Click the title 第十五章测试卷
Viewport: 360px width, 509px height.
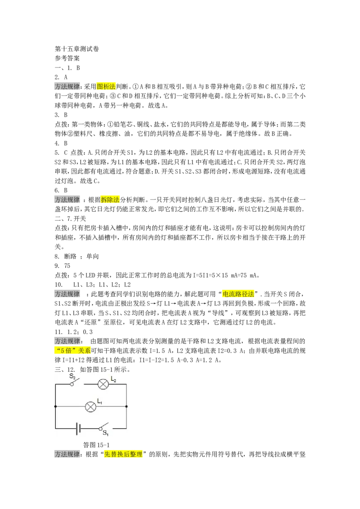click(76, 49)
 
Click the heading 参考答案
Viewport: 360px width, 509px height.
click(67, 58)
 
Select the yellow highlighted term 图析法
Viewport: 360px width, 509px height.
click(106, 87)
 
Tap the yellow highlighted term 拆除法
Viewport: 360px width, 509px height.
click(110, 200)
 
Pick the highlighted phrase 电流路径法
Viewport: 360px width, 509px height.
click(238, 294)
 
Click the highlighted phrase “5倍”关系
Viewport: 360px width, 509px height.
click(72, 351)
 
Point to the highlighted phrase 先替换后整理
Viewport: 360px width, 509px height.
click(123, 455)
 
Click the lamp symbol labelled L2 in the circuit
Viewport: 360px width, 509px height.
click(103, 384)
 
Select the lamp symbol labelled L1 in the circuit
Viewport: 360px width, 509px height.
click(90, 406)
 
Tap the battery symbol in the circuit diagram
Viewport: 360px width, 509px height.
click(78, 429)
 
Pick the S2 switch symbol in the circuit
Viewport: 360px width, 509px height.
click(76, 382)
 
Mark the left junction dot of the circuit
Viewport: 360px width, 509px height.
click(55, 406)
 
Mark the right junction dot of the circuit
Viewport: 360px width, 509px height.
click(126, 406)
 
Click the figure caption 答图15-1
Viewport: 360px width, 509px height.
click(96, 445)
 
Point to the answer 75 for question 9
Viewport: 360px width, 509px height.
click(67, 266)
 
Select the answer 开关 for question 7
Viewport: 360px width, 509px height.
click(80, 219)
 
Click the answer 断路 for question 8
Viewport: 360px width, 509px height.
click(70, 256)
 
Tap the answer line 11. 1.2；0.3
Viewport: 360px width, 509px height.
click(74, 332)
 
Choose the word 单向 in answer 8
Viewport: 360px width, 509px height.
click(93, 256)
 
